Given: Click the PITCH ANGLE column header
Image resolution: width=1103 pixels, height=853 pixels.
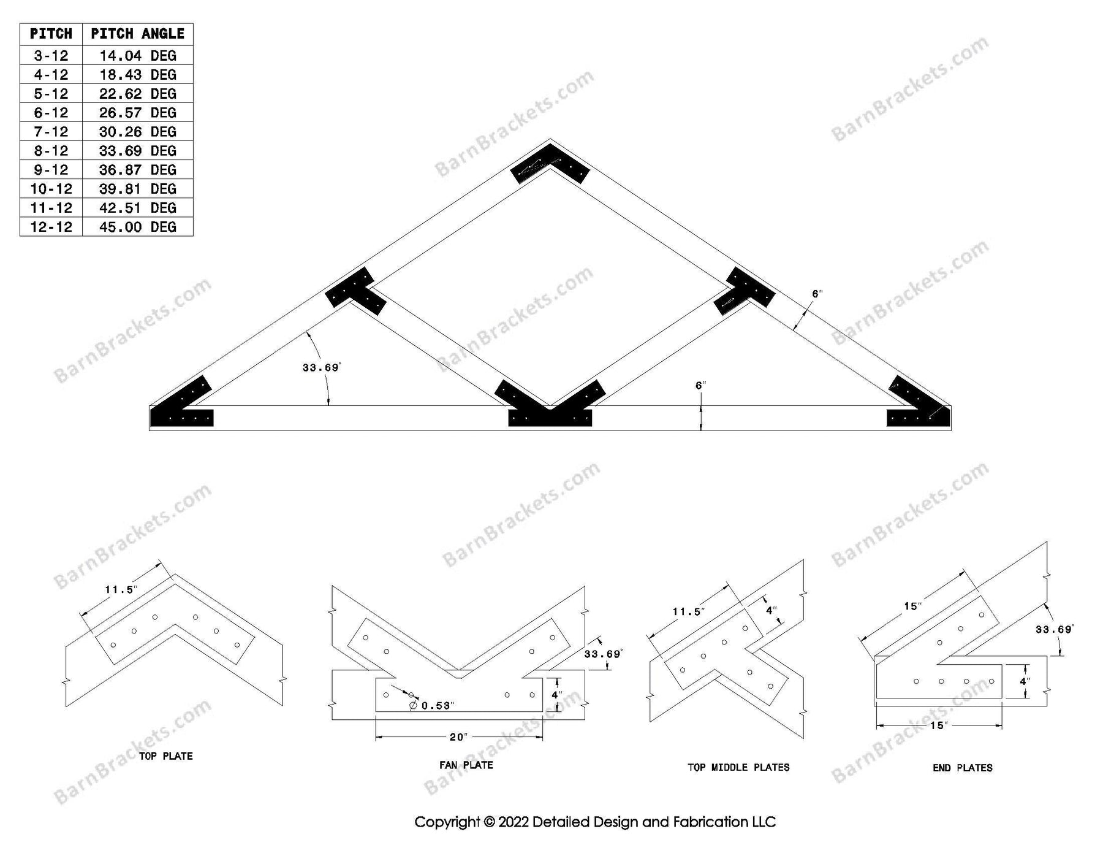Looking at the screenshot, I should (x=137, y=34).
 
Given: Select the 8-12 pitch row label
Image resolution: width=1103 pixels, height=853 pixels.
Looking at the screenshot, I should (x=51, y=151).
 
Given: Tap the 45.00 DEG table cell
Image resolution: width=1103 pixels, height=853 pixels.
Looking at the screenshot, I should (x=137, y=227).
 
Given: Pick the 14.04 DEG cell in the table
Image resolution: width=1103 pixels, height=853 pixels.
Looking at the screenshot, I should (x=137, y=56).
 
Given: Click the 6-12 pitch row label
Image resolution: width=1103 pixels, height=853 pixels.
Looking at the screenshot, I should (x=51, y=113).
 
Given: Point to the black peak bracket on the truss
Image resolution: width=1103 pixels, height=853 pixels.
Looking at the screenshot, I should (x=550, y=163).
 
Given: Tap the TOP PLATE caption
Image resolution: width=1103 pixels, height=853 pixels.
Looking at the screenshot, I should (x=165, y=756).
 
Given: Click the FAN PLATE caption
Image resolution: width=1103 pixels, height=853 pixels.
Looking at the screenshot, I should (x=466, y=765).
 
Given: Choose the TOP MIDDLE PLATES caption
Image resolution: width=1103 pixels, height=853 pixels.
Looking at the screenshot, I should (x=738, y=767).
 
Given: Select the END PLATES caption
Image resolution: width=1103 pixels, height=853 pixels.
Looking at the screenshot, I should (x=962, y=768).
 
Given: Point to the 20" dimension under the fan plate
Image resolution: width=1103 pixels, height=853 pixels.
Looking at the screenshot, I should (x=458, y=737).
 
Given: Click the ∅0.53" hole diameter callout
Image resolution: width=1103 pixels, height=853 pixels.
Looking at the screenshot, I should (x=432, y=706).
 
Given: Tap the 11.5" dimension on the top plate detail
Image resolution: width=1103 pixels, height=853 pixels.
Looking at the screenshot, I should (x=121, y=590).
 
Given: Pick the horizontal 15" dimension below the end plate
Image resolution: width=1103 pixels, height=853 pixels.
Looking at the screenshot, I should (x=939, y=725).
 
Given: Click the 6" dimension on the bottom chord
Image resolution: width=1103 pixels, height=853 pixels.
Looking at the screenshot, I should (x=700, y=386).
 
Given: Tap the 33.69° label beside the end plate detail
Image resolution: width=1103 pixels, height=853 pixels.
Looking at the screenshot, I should (x=1054, y=630).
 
